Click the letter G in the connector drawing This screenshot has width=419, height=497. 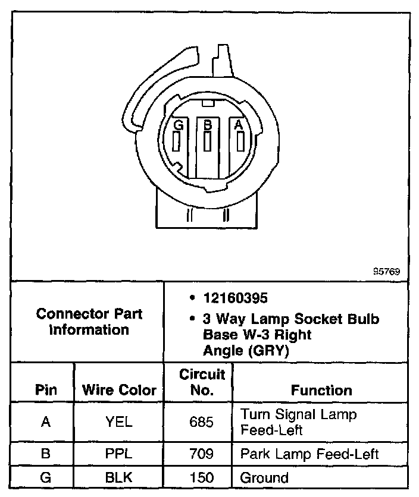point(177,125)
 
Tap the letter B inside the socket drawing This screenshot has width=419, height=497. point(208,125)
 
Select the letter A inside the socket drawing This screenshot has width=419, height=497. point(238,125)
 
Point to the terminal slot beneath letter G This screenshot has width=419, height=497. point(177,141)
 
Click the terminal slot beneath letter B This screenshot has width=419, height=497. point(208,141)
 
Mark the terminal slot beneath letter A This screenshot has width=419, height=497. point(240,141)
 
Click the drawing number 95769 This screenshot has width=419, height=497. point(386,271)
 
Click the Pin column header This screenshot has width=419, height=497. point(46,391)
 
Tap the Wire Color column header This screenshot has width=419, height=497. point(119,391)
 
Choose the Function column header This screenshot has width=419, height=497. point(321,391)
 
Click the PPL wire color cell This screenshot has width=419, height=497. point(119,455)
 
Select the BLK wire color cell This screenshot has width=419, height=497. point(119,477)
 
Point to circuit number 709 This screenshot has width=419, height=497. point(198,455)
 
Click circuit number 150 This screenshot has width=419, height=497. point(198,477)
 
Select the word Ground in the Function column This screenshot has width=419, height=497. point(264,477)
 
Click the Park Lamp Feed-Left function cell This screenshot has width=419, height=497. point(309,455)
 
